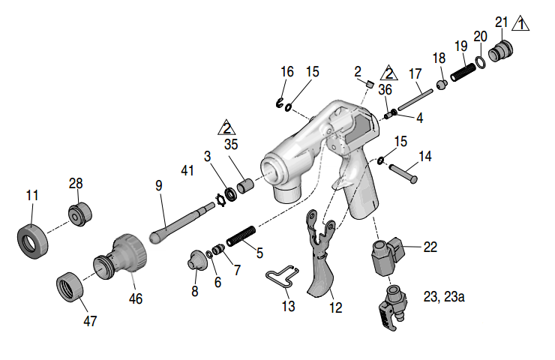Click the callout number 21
click(501, 22)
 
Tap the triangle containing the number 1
click(520, 24)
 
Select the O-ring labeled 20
click(481, 61)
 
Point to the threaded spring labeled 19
click(463, 72)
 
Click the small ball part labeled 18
click(442, 85)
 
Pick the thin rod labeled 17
click(415, 100)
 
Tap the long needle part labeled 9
click(181, 221)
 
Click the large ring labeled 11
click(32, 241)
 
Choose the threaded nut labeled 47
click(70, 286)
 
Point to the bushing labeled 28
click(80, 214)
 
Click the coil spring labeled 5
click(241, 236)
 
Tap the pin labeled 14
click(403, 174)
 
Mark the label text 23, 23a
click(444, 297)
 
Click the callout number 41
click(187, 170)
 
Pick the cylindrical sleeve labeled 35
click(245, 186)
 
